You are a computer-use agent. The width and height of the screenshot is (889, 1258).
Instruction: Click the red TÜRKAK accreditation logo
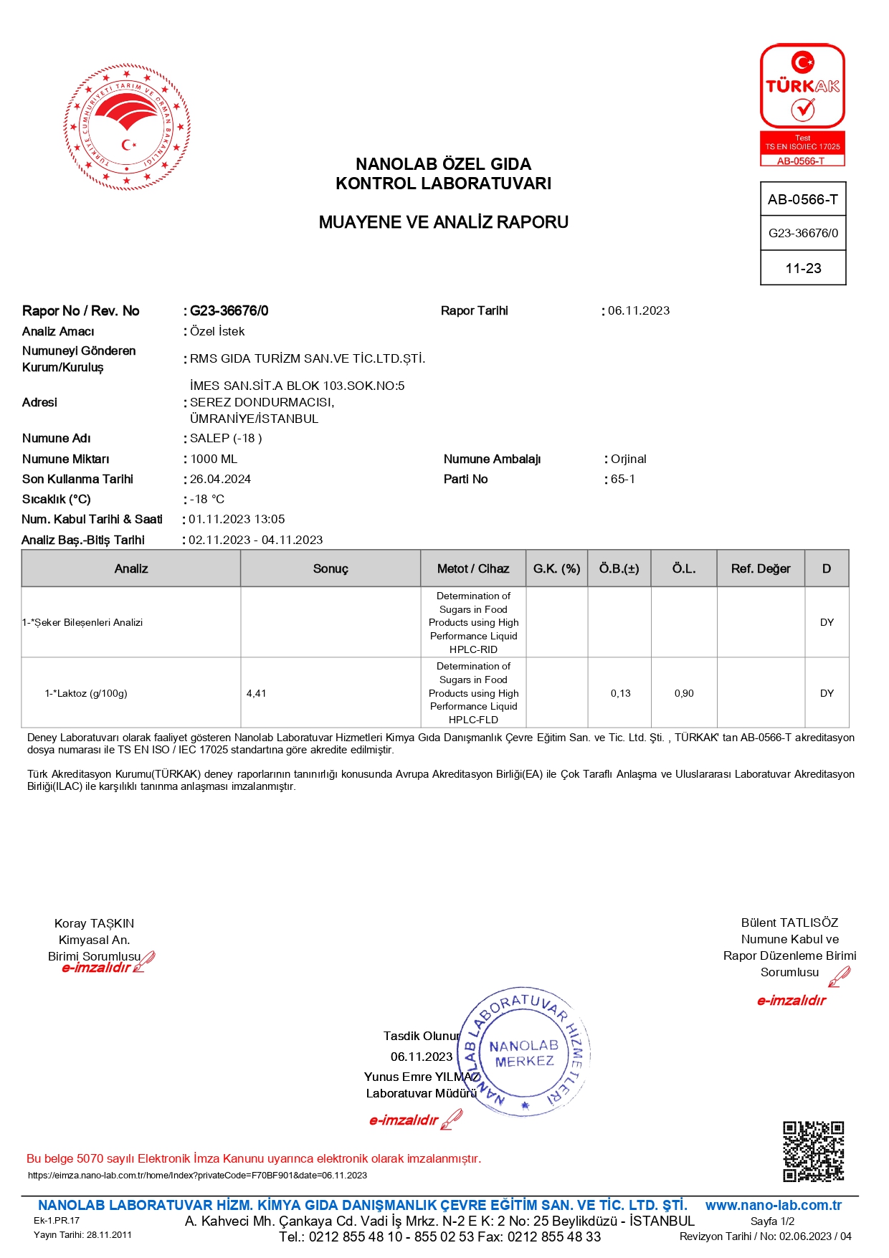[x=802, y=105]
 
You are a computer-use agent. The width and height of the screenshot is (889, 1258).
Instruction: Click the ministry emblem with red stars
[x=127, y=128]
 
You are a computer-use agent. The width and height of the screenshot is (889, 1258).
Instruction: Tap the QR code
[x=813, y=1151]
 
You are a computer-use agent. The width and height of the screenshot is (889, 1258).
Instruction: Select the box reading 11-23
[x=803, y=268]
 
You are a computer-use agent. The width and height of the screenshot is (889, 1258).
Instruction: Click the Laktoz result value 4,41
[x=256, y=693]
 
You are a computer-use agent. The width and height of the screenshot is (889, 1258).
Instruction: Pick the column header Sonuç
[x=331, y=568]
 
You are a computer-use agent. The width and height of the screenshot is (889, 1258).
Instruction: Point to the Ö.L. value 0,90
[x=684, y=693]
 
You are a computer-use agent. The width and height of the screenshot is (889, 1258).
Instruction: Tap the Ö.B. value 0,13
[x=620, y=693]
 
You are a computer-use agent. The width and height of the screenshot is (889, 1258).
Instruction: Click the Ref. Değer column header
[x=761, y=568]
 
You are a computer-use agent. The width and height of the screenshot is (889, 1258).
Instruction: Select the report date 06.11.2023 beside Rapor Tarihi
[x=639, y=310]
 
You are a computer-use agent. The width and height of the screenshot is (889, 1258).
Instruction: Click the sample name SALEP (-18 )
[x=226, y=438]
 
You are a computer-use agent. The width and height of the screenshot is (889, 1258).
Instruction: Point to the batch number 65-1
[x=623, y=479]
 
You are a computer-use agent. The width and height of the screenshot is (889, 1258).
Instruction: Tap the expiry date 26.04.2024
[x=220, y=479]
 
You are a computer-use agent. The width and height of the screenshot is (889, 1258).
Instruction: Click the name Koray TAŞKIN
[x=95, y=923]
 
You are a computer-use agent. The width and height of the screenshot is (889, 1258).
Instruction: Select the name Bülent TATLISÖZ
[x=789, y=923]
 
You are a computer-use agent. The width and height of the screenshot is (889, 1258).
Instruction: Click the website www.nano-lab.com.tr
[x=773, y=1205]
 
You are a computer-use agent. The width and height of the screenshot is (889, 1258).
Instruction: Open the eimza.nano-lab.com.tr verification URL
[x=197, y=1175]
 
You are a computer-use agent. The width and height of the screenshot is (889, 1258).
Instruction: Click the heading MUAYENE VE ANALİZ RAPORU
[x=443, y=222]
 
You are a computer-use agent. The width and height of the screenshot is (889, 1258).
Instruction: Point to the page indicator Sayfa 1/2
[x=772, y=1221]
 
